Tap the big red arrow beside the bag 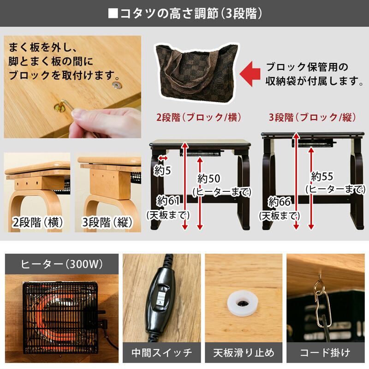click(x=250, y=74)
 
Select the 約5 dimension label click(x=162, y=170)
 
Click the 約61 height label click(x=168, y=201)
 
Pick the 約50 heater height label click(x=209, y=179)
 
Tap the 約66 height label click(x=280, y=202)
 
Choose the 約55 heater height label click(x=322, y=176)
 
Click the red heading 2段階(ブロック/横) click(x=199, y=117)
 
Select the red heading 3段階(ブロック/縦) click(x=313, y=117)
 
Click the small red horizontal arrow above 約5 click(x=163, y=158)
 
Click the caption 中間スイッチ click(x=162, y=352)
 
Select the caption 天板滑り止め click(x=244, y=352)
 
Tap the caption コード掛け click(x=325, y=352)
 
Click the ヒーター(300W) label click(x=62, y=264)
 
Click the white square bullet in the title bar click(x=113, y=13)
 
